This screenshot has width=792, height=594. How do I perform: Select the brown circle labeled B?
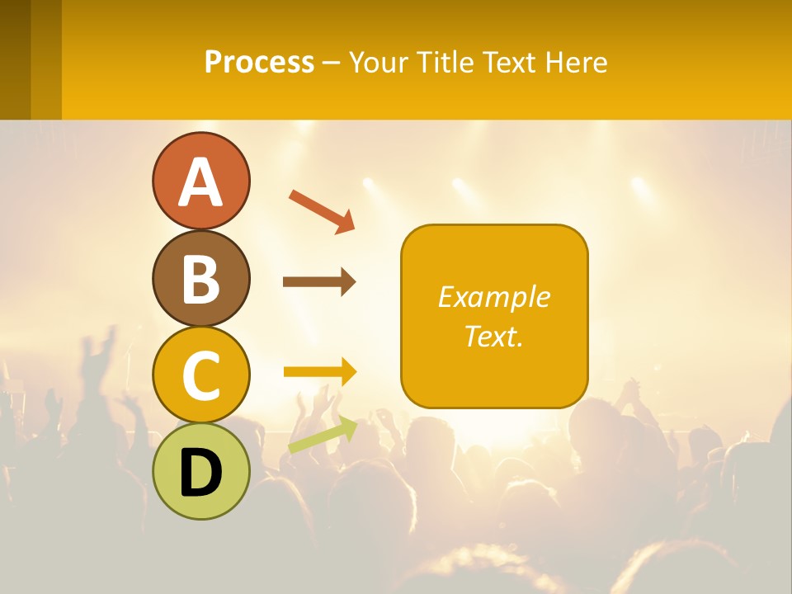(200, 278)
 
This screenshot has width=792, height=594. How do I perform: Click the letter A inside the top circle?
(200, 181)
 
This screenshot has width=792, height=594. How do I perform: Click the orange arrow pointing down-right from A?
(322, 210)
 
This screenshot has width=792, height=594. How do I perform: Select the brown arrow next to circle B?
(319, 282)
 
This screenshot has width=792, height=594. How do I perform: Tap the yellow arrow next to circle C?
(319, 372)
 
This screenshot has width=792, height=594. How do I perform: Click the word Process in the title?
(259, 62)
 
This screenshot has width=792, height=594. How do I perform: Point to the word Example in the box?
(494, 297)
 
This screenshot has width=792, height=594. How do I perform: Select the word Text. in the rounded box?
(494, 336)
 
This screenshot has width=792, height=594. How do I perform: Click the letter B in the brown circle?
(200, 278)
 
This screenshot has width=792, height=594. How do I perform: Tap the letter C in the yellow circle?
(200, 375)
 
